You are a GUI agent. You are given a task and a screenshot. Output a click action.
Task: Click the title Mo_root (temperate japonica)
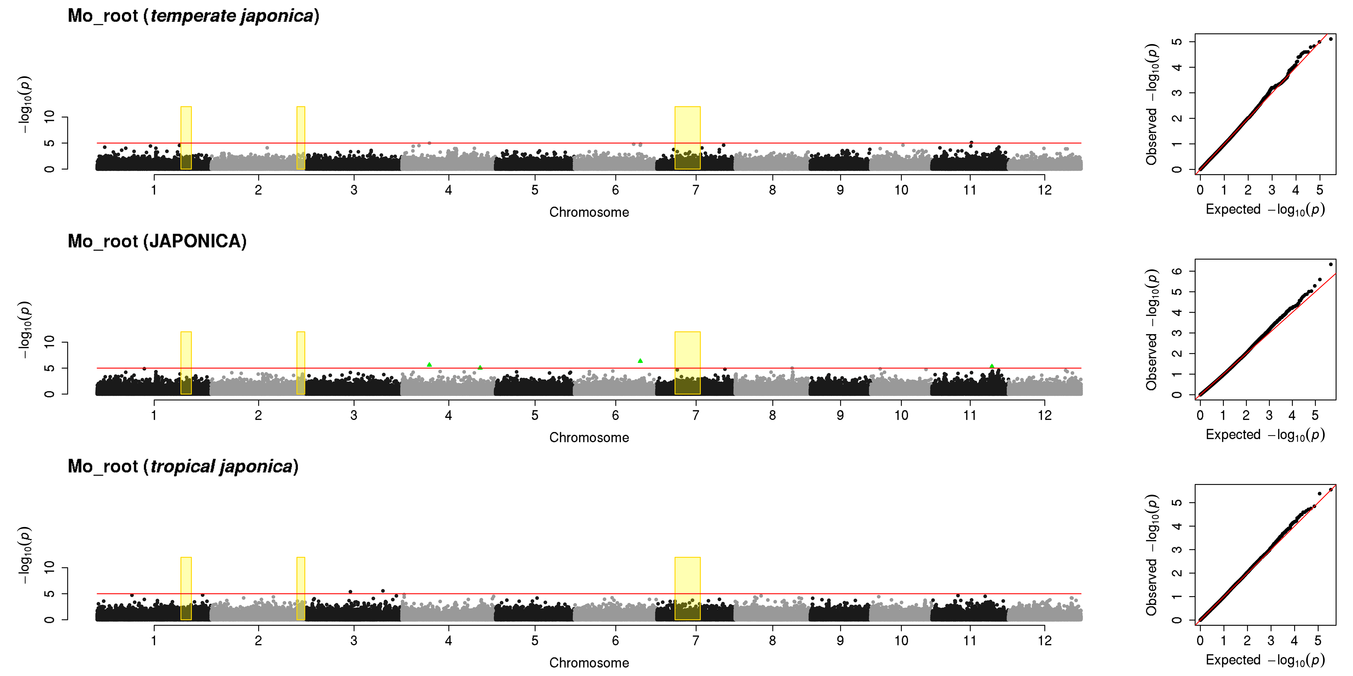pyautogui.click(x=193, y=16)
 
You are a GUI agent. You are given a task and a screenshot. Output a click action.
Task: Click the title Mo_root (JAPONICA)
pyautogui.click(x=157, y=241)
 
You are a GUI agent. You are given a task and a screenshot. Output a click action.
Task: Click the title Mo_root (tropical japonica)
pyautogui.click(x=183, y=467)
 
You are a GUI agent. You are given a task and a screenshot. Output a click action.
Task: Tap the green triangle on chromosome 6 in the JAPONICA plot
pyautogui.click(x=640, y=361)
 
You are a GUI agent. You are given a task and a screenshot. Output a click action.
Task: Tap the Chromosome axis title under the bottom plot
pyautogui.click(x=589, y=663)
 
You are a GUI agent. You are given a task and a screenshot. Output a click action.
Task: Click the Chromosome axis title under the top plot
pyautogui.click(x=589, y=212)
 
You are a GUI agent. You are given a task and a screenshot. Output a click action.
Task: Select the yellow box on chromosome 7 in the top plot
pyautogui.click(x=687, y=138)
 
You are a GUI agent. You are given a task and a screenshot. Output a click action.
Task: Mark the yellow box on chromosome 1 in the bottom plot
pyautogui.click(x=186, y=588)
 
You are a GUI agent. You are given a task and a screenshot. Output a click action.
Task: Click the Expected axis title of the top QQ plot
pyautogui.click(x=1265, y=209)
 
